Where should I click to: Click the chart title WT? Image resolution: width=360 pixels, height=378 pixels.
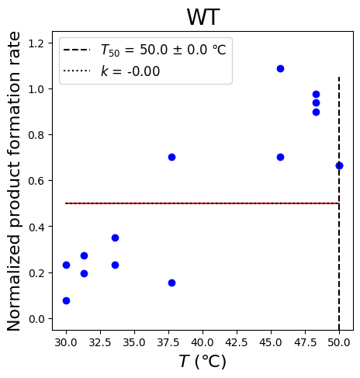(x=203, y=17)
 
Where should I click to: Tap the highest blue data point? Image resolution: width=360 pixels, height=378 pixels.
(x=280, y=68)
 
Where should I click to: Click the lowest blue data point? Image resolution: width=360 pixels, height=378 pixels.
(x=66, y=300)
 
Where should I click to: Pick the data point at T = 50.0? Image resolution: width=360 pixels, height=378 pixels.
(x=339, y=166)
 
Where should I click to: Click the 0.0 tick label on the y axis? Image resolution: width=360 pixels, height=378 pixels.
(x=36, y=319)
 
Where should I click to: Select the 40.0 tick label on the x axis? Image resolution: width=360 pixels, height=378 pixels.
(x=202, y=342)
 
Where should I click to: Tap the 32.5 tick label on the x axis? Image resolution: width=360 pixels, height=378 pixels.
(x=100, y=342)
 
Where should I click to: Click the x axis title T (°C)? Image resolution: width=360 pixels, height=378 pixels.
(x=202, y=361)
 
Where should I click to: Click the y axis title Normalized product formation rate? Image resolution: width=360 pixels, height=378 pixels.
(x=13, y=181)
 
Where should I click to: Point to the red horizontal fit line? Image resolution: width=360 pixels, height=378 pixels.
(x=202, y=203)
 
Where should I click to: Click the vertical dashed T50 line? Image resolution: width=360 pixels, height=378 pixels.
(x=339, y=203)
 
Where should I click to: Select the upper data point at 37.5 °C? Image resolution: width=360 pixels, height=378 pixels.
(x=171, y=157)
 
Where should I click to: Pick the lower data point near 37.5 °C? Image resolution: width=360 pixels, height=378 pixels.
(x=171, y=283)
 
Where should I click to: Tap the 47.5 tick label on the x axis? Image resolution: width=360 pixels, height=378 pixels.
(x=305, y=342)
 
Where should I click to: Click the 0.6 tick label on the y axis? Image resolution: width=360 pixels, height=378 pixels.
(x=36, y=181)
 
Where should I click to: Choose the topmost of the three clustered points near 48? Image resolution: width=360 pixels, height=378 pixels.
(x=316, y=94)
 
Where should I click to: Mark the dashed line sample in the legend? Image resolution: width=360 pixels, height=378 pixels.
(x=77, y=50)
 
